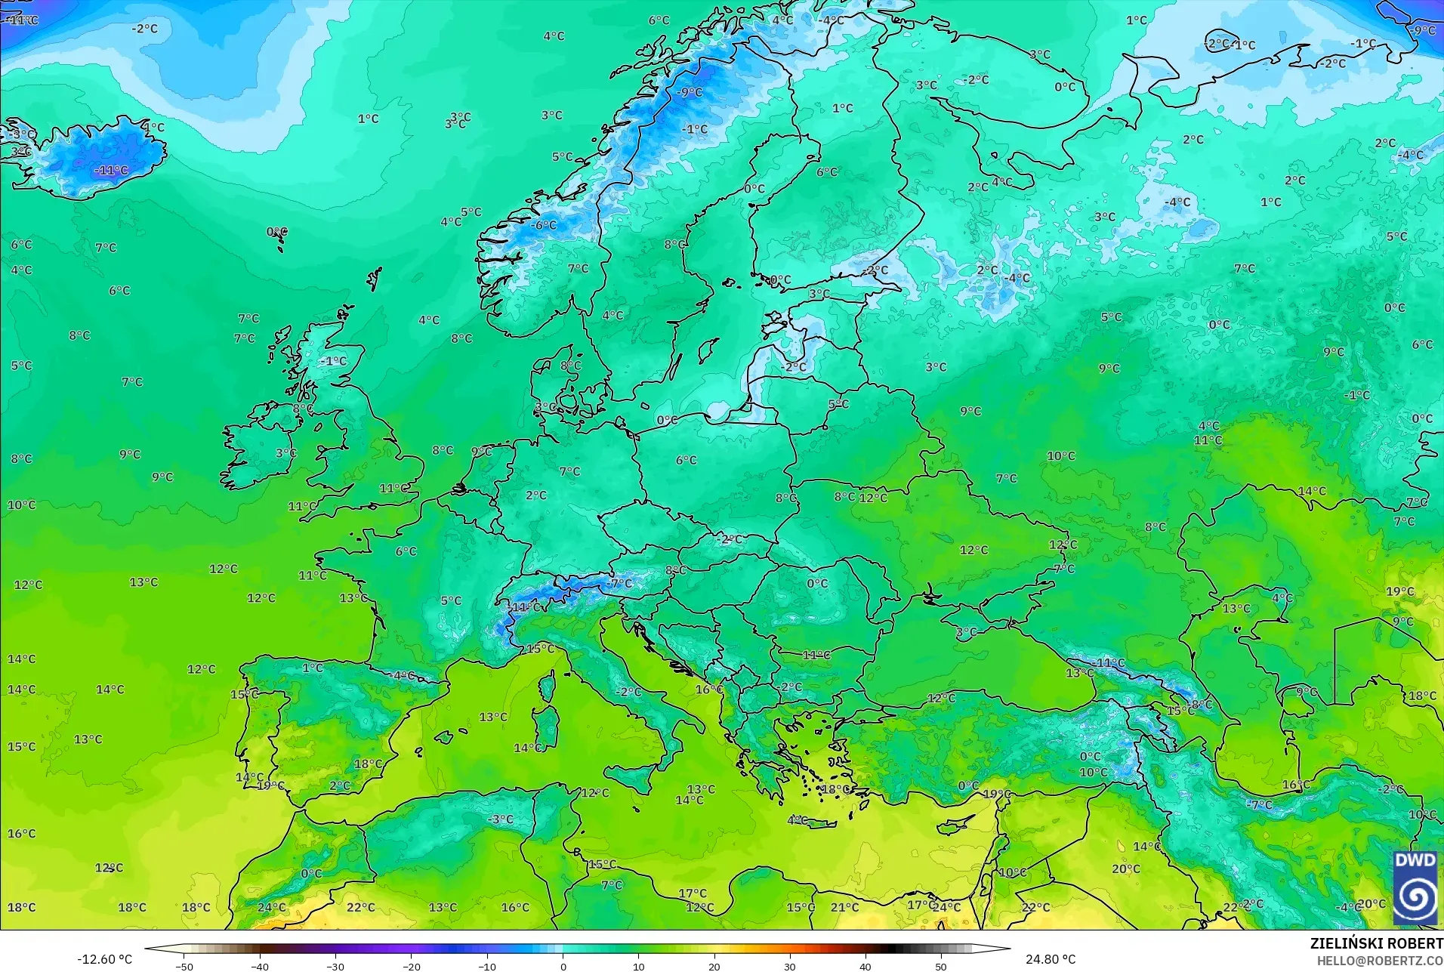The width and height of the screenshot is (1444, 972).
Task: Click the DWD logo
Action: point(1415,887)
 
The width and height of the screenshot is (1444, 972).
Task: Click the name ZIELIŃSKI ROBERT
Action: point(1376,943)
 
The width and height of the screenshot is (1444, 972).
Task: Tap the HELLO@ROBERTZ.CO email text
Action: point(1380,961)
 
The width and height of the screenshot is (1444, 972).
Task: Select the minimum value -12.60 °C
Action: point(104,959)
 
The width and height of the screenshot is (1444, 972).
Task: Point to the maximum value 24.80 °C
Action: point(1050,959)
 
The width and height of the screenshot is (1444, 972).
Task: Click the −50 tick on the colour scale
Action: point(184,966)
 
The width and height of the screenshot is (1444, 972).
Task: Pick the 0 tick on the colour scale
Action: point(563,966)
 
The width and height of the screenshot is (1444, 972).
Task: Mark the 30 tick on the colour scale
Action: point(790,966)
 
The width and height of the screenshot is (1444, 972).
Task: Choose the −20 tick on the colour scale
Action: point(412,966)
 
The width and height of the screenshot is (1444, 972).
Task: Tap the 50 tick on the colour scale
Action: point(941,966)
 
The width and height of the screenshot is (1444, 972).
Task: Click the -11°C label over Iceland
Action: point(111,171)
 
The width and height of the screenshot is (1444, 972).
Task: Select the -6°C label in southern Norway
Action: point(543,225)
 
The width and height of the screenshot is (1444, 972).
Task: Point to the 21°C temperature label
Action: point(844,907)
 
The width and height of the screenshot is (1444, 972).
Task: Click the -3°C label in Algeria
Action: point(500,819)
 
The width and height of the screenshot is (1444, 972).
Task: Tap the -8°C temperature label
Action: point(1201,705)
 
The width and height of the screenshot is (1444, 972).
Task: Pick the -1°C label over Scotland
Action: point(333,361)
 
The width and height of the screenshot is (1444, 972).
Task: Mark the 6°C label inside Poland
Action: point(687,460)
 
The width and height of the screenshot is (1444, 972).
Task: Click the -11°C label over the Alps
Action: point(526,606)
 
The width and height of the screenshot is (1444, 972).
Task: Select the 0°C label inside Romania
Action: point(817,583)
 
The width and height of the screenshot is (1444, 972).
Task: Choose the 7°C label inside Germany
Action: point(569,471)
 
